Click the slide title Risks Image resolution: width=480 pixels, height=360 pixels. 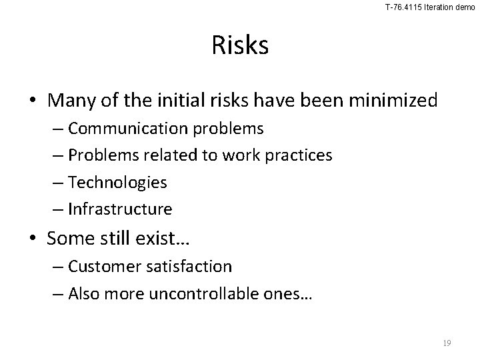pyautogui.click(x=240, y=45)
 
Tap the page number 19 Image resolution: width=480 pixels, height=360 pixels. pyautogui.click(x=447, y=343)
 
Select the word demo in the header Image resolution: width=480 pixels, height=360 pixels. pyautogui.click(x=465, y=7)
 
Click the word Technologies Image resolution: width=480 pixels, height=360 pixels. pyautogui.click(x=117, y=182)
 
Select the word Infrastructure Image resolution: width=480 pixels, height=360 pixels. pyautogui.click(x=120, y=209)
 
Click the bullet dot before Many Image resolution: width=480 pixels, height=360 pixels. pyautogui.click(x=34, y=101)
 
